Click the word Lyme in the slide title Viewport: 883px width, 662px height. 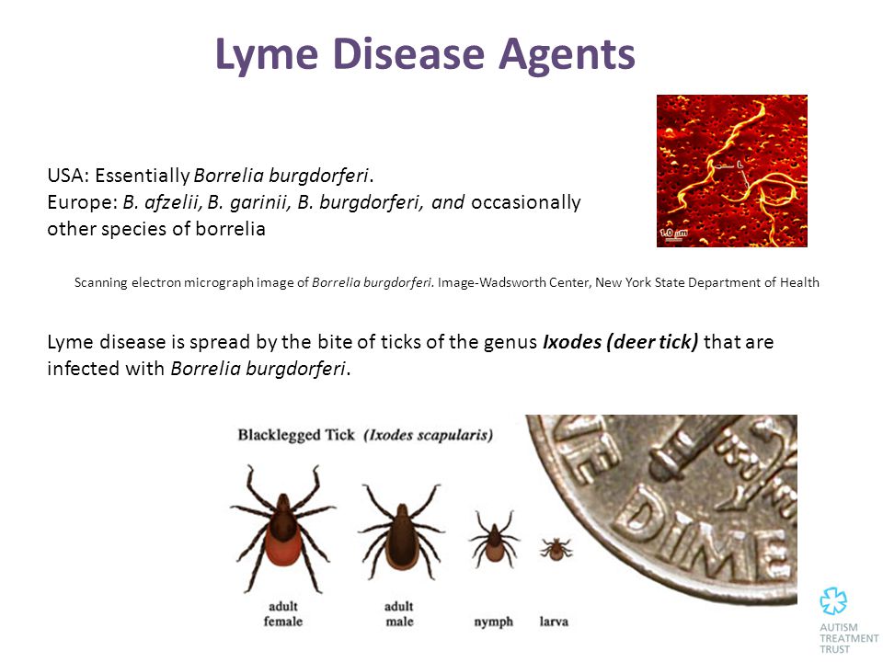[267, 55]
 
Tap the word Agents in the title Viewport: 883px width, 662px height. [567, 55]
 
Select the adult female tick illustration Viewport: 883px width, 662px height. [282, 529]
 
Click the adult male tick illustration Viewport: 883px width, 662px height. [401, 531]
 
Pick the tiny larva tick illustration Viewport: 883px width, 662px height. [556, 549]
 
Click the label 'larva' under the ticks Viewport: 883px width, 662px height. [554, 622]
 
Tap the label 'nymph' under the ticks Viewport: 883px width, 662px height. [493, 622]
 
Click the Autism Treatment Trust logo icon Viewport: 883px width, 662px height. [833, 600]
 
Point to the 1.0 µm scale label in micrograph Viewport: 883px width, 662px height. [673, 233]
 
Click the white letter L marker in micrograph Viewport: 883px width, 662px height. [740, 164]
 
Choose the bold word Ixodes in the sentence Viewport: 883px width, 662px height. [572, 342]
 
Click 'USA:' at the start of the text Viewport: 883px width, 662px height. [68, 176]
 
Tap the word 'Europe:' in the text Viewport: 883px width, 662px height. [82, 202]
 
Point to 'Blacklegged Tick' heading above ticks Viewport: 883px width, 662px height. [296, 435]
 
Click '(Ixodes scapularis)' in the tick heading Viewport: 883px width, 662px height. [428, 435]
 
